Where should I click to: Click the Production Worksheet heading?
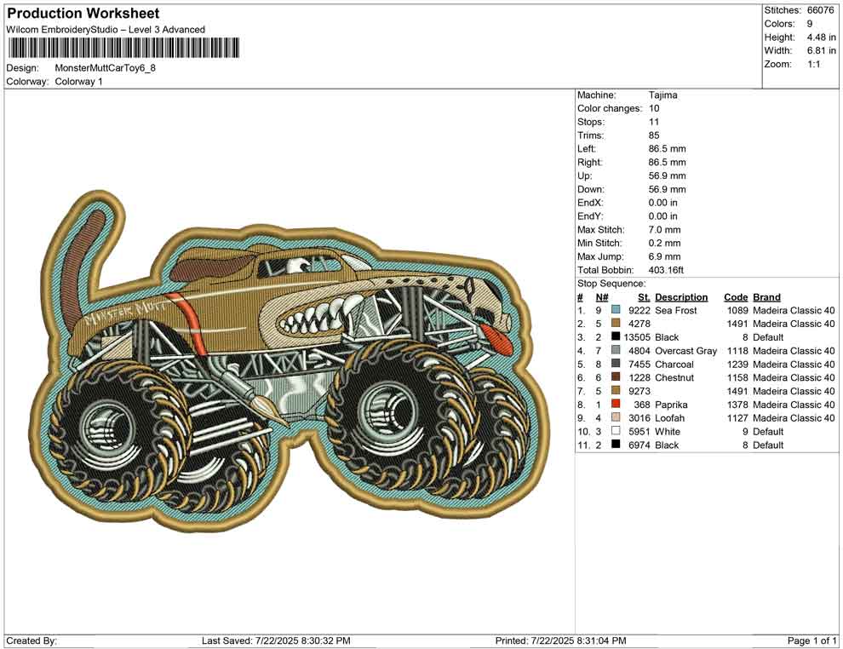pos(83,14)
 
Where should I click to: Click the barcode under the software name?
pos(123,48)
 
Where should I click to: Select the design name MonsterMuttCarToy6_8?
pos(106,68)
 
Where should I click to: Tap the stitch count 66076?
pos(820,10)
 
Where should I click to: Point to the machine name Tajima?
pos(662,95)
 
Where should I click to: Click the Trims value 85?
pos(654,135)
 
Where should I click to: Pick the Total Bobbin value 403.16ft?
pos(666,270)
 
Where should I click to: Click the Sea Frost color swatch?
pos(616,310)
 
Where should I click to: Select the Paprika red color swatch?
pos(616,404)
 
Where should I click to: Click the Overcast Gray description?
pos(686,351)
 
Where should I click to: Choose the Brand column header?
pos(766,297)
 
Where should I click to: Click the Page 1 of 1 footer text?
pos(811,640)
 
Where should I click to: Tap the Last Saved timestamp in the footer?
pos(276,640)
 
